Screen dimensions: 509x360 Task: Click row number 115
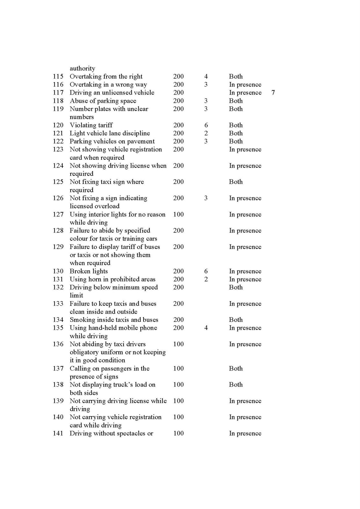pyautogui.click(x=58, y=76)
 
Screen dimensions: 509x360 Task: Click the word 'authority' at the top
pyautogui.click(x=82, y=68)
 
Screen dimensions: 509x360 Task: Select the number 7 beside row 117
pyautogui.click(x=273, y=93)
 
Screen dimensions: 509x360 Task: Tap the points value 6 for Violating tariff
pyautogui.click(x=206, y=125)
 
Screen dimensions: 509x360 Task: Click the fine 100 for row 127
pyautogui.click(x=178, y=214)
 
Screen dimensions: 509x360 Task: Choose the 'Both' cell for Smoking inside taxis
pyautogui.click(x=236, y=320)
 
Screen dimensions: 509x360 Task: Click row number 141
pyautogui.click(x=58, y=433)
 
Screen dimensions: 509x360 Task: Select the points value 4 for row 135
pyautogui.click(x=206, y=328)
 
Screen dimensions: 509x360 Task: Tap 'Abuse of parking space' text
pyautogui.click(x=103, y=101)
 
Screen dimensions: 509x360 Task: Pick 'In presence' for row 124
pyautogui.click(x=245, y=166)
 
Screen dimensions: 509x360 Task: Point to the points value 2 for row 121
pyautogui.click(x=206, y=133)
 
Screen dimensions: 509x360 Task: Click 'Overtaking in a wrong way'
pyautogui.click(x=108, y=85)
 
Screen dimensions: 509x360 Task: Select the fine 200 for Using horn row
pyautogui.click(x=178, y=279)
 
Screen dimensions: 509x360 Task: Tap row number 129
pyautogui.click(x=58, y=247)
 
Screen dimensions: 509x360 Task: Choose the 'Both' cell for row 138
pyautogui.click(x=236, y=385)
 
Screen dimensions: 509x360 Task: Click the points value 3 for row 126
pyautogui.click(x=206, y=198)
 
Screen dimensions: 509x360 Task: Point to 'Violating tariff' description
pyautogui.click(x=91, y=125)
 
